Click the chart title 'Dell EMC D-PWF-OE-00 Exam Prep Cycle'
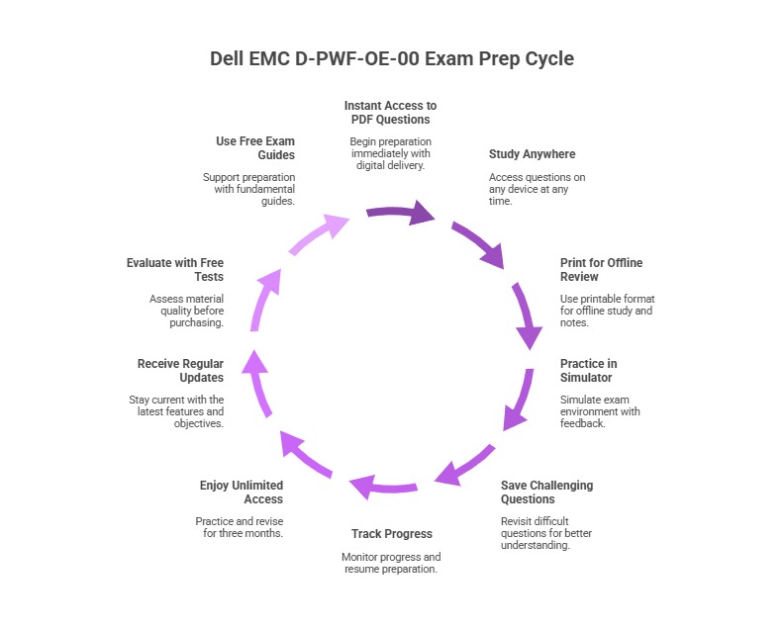[392, 59]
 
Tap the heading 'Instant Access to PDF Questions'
[390, 112]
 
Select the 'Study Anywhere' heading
[532, 154]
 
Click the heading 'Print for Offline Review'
[601, 270]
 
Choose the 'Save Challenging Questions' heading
[546, 493]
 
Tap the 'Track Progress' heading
[392, 534]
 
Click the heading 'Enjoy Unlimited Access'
[242, 493]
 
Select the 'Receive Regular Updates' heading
[180, 370]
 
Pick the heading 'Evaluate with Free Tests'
[175, 270]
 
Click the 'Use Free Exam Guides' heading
[254, 147]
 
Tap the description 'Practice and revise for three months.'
[240, 527]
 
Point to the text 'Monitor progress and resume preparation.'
[391, 563]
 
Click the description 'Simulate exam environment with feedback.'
[600, 410]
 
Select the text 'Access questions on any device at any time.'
[537, 189]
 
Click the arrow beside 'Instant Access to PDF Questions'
[401, 212]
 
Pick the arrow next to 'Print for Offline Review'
[527, 314]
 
